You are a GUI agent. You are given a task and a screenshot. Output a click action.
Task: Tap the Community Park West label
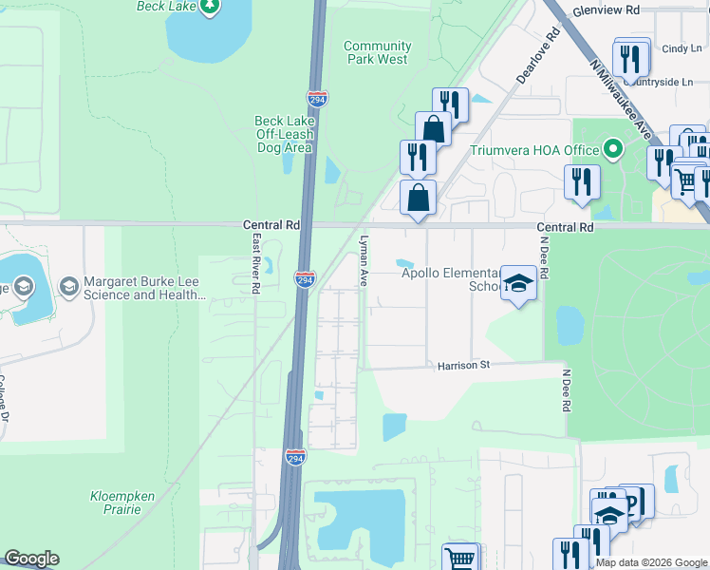click(377, 52)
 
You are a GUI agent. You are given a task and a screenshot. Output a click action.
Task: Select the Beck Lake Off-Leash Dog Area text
click(283, 134)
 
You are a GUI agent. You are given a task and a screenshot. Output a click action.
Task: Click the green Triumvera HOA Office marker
click(613, 150)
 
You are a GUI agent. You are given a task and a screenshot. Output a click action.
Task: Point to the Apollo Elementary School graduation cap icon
click(518, 283)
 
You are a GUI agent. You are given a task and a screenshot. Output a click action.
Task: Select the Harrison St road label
click(462, 365)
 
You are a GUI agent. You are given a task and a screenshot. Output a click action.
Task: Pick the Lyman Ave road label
click(364, 261)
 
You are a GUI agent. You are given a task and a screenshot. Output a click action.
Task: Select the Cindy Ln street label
click(681, 48)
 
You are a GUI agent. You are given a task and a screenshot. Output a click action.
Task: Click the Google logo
click(31, 559)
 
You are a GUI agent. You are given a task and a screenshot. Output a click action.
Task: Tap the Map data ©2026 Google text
click(651, 562)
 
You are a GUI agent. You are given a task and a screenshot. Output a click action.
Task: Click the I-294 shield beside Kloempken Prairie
click(294, 458)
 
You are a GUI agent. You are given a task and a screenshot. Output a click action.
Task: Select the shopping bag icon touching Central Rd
click(418, 199)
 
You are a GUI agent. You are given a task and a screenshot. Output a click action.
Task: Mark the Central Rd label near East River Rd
click(271, 226)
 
